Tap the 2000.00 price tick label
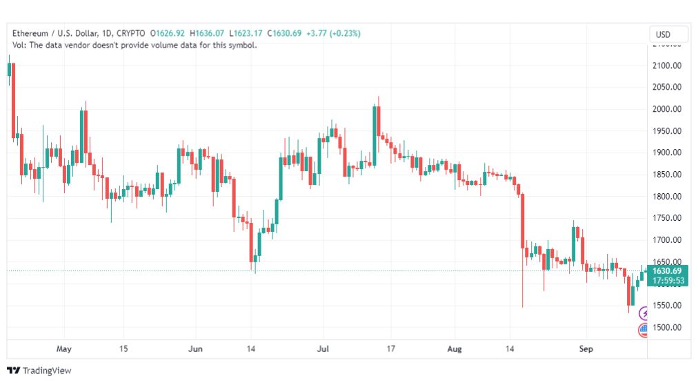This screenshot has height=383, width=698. [667, 109]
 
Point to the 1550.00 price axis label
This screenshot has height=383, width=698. [667, 306]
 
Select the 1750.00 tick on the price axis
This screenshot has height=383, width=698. [667, 218]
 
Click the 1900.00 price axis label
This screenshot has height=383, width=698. [667, 153]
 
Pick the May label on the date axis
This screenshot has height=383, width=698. [64, 348]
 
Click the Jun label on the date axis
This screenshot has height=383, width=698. [195, 348]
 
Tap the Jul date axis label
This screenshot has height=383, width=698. [323, 348]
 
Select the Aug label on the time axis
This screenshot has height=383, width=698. [455, 348]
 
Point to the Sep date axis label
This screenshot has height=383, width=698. [586, 348]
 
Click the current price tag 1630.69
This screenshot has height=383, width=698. [667, 271]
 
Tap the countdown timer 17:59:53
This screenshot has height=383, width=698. [668, 281]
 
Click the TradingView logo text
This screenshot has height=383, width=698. [47, 371]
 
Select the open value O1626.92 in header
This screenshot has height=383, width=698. [168, 33]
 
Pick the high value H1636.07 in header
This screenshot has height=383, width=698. [207, 33]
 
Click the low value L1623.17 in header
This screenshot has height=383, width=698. [246, 33]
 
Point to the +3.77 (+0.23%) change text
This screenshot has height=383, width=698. [333, 33]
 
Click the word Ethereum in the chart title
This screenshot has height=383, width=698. [30, 33]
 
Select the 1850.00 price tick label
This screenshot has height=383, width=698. [667, 175]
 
